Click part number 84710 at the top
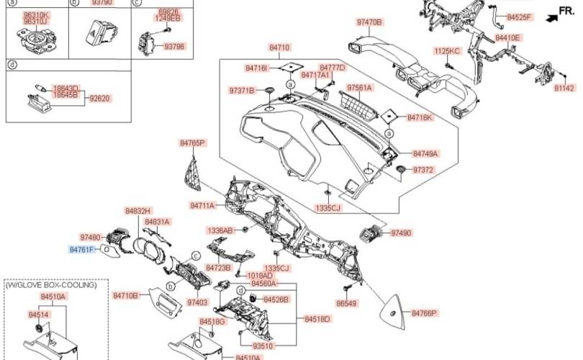(x=279, y=48)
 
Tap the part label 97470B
(x=369, y=22)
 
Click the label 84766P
(x=425, y=313)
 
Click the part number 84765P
(x=193, y=143)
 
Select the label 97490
(x=402, y=233)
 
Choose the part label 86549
(x=346, y=304)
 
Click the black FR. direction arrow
(x=548, y=12)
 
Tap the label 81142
(x=564, y=88)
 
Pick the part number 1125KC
(x=446, y=51)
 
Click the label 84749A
(x=425, y=153)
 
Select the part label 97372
(x=423, y=171)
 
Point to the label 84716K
(x=420, y=117)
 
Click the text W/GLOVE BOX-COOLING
(x=51, y=285)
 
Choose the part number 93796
(x=174, y=47)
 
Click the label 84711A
(x=203, y=206)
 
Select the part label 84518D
(x=317, y=319)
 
